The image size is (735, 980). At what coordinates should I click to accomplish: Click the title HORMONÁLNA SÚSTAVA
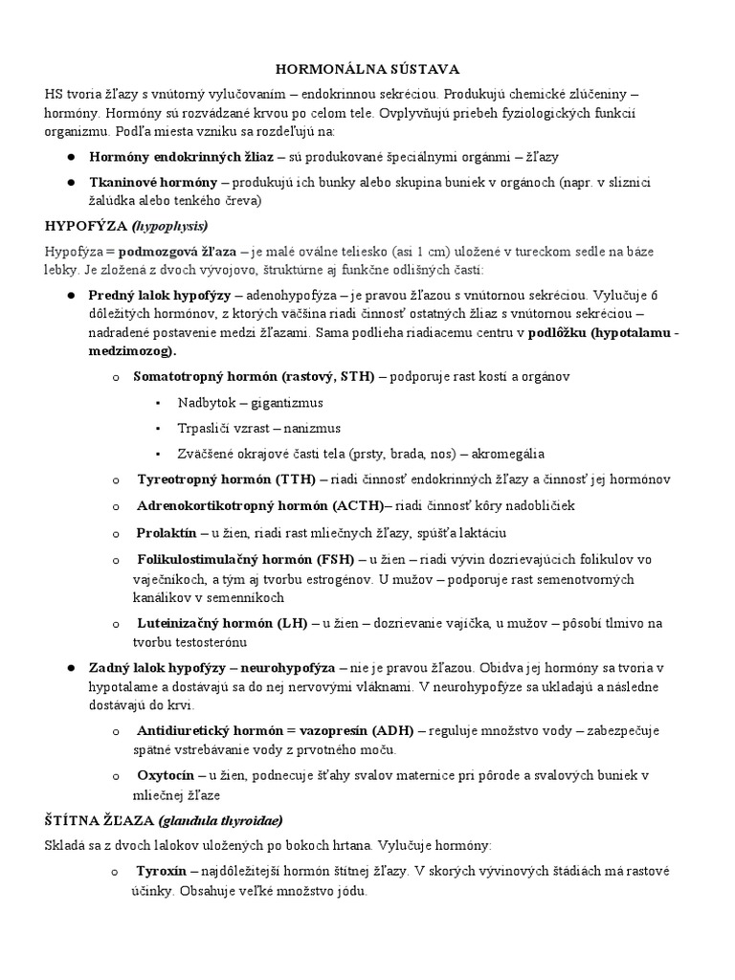click(367, 69)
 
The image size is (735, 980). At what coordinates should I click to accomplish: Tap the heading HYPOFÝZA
click(87, 226)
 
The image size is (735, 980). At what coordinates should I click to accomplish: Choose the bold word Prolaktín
click(168, 532)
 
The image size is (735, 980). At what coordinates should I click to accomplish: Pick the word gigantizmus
click(282, 402)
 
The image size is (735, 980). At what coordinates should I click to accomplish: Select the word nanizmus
click(308, 428)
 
